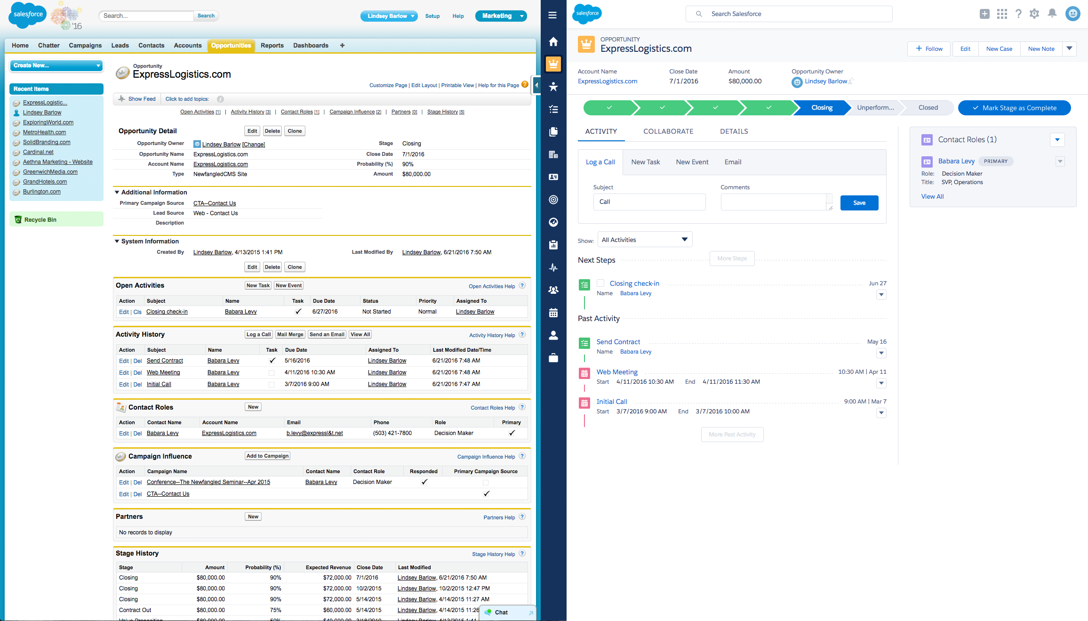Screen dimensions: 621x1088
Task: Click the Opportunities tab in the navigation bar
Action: coord(231,46)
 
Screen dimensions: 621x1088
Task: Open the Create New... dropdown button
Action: coord(56,65)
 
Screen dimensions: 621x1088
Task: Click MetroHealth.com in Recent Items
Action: coord(44,132)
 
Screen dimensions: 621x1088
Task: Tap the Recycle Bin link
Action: coord(40,220)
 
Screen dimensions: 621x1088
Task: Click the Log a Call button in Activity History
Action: coord(258,334)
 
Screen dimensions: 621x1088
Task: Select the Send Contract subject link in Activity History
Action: coord(165,361)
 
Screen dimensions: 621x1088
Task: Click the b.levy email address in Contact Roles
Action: coord(314,433)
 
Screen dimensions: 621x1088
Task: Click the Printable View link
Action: coord(457,85)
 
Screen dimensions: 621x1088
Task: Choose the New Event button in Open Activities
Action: coord(288,285)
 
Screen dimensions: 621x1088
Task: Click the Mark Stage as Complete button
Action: coord(1014,108)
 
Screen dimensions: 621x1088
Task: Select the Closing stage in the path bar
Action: coord(822,108)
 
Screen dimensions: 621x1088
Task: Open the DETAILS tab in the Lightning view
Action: coord(734,131)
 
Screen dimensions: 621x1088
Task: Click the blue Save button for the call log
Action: coord(859,203)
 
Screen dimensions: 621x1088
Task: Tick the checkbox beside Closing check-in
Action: coord(600,283)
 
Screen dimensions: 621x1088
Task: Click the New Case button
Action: coord(999,49)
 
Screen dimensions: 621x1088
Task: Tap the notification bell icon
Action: coord(1052,14)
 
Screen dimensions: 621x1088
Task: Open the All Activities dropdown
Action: coord(645,240)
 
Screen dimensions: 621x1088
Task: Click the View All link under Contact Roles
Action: coord(932,196)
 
